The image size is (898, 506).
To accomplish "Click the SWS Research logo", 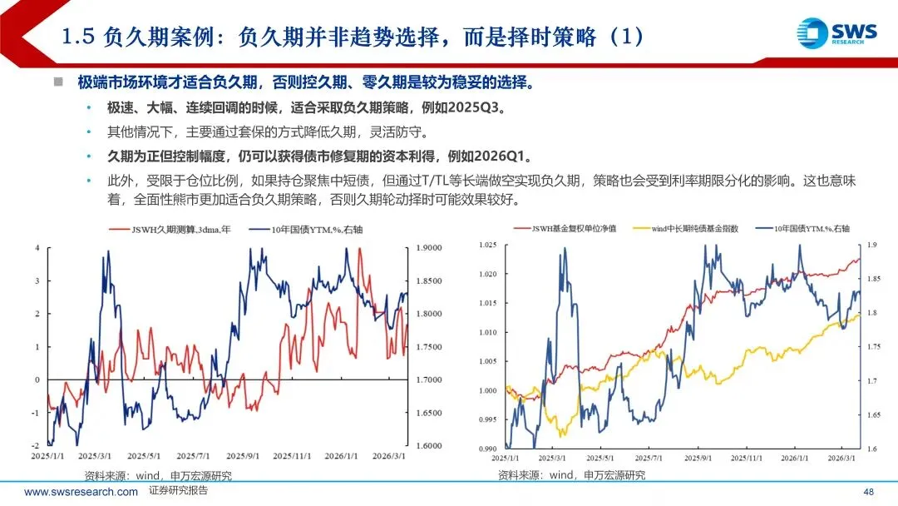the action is click(836, 32).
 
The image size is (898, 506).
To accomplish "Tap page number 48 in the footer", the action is click(869, 492).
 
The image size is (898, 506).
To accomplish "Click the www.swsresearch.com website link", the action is click(81, 492).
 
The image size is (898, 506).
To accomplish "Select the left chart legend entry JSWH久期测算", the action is click(170, 229).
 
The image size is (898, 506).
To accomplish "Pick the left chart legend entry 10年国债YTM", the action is click(306, 229).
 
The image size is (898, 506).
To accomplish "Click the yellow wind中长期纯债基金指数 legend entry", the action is click(685, 228).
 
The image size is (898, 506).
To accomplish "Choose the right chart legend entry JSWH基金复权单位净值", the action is click(565, 228).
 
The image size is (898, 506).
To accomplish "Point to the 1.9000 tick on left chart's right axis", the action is click(429, 247).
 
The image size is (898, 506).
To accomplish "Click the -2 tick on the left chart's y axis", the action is click(36, 445).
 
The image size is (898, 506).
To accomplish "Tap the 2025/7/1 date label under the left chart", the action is click(193, 456).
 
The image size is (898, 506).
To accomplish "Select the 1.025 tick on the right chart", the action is click(487, 245).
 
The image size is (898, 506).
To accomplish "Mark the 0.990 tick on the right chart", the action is click(487, 449).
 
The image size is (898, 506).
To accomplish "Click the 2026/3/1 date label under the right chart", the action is click(841, 459).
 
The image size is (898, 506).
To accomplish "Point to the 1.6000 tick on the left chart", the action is click(429, 445).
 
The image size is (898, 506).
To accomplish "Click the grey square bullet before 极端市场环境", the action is click(58, 82).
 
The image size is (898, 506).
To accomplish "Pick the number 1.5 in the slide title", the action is click(77, 37).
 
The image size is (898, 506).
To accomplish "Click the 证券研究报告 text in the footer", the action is click(178, 491).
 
